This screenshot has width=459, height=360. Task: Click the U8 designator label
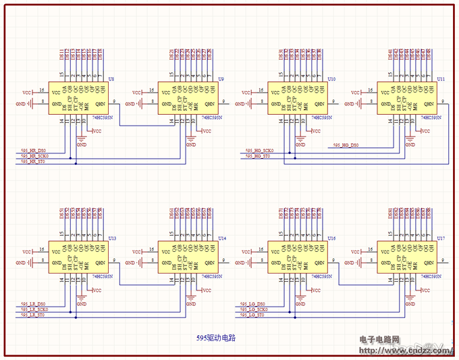111,79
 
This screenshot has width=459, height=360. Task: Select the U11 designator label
440,79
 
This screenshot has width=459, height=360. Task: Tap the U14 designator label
222,238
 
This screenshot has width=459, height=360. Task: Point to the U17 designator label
440,238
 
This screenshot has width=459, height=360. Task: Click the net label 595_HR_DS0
32,149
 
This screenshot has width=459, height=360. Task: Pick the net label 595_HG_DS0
346,145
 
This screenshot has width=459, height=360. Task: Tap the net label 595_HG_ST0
258,156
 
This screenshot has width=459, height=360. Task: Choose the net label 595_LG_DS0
252,304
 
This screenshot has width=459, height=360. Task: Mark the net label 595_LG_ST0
252,315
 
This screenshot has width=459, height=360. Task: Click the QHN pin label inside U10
320,104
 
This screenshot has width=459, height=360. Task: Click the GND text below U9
191,144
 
